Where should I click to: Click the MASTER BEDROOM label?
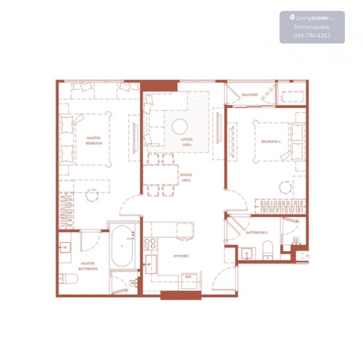click(94, 141)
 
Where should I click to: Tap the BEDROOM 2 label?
click(271, 141)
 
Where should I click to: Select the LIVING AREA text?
click(187, 142)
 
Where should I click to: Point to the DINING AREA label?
click(186, 178)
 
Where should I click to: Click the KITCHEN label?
click(181, 256)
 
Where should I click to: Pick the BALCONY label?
click(250, 95)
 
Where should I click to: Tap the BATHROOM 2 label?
click(257, 233)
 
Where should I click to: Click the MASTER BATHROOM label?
click(88, 266)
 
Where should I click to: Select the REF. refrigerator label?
click(188, 277)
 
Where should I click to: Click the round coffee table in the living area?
click(180, 127)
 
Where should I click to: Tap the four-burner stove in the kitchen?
click(150, 244)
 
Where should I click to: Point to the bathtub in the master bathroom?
click(122, 246)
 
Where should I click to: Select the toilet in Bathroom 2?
click(268, 250)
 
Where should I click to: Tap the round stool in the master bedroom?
click(92, 196)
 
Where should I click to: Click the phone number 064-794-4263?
click(312, 36)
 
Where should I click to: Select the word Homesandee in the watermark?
click(312, 27)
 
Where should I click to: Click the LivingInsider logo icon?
click(292, 17)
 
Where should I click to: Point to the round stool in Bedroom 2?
click(285, 187)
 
